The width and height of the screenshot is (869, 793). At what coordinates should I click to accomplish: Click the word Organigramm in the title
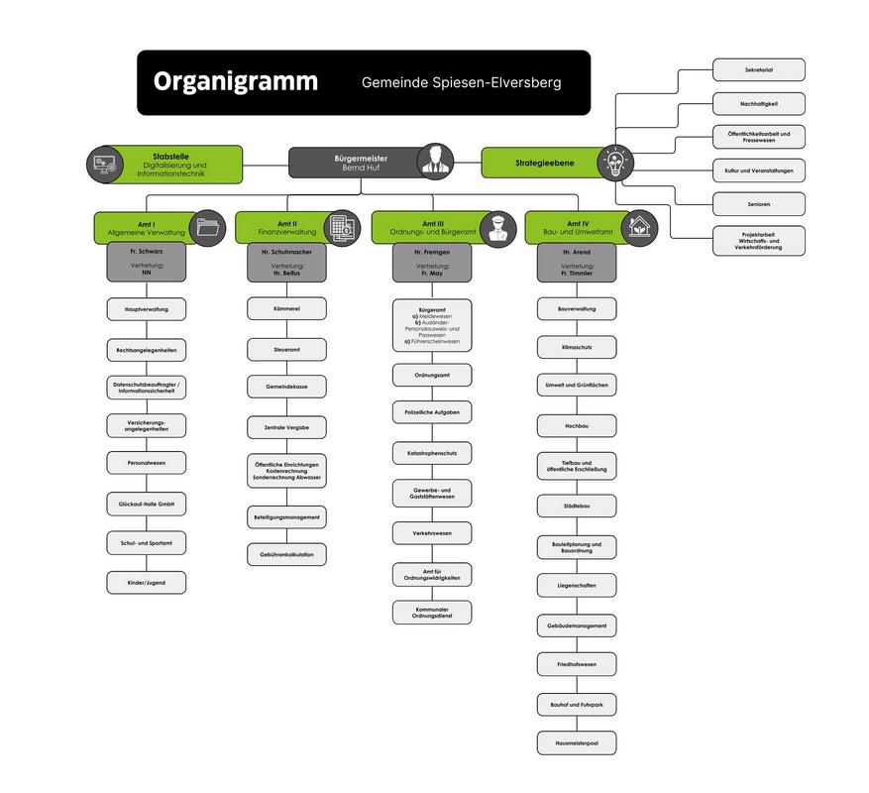(x=235, y=81)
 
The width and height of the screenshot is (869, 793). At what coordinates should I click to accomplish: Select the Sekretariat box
(x=758, y=70)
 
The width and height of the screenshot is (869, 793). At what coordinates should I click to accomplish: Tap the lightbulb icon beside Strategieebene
(x=615, y=162)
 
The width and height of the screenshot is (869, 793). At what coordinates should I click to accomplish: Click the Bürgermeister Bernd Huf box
(x=360, y=163)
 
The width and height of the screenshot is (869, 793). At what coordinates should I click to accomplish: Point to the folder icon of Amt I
(x=209, y=227)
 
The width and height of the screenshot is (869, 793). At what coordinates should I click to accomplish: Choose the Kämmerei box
(x=286, y=309)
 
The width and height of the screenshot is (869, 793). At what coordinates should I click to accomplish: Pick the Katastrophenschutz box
(x=432, y=453)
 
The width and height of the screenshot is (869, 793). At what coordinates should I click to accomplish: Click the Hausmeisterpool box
(x=577, y=741)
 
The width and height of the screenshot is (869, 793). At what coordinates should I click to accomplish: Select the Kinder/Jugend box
(x=147, y=583)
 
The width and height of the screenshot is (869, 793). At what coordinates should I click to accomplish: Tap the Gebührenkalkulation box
(x=286, y=554)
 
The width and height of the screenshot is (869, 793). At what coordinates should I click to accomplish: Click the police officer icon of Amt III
(x=498, y=227)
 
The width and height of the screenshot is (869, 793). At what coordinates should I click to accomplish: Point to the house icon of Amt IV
(x=640, y=227)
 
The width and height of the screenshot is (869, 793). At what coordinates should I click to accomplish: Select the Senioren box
(x=758, y=204)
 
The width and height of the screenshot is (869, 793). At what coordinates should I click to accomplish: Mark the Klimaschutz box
(x=577, y=347)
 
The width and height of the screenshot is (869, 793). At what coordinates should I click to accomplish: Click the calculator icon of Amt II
(x=342, y=227)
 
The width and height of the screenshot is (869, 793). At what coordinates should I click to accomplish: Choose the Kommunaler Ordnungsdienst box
(x=432, y=613)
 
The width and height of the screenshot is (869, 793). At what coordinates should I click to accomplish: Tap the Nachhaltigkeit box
(x=758, y=103)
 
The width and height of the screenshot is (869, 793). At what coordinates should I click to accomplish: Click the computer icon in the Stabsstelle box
(x=104, y=165)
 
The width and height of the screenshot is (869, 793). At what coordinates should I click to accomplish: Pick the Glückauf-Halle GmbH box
(x=147, y=505)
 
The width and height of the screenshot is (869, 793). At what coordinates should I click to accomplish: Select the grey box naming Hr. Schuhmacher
(x=286, y=263)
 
